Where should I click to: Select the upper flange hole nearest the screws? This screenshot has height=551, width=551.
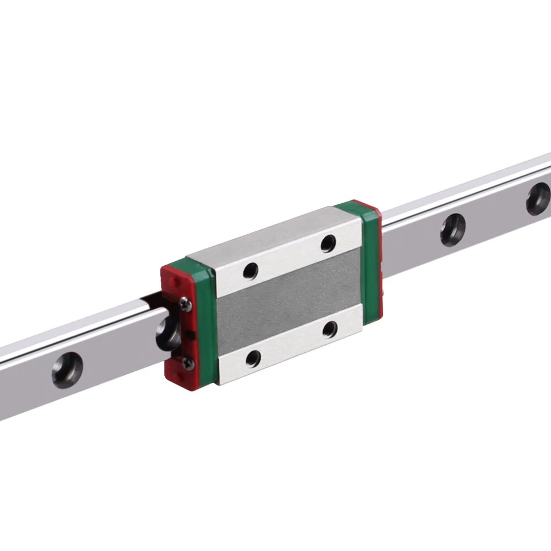tap(251, 270)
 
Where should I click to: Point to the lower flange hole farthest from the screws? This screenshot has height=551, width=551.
tap(330, 328)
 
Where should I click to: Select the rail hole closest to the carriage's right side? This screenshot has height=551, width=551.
tap(453, 228)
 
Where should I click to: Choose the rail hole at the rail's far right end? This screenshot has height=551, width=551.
tap(538, 198)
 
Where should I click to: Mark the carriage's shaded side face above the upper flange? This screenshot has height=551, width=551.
tap(270, 230)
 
